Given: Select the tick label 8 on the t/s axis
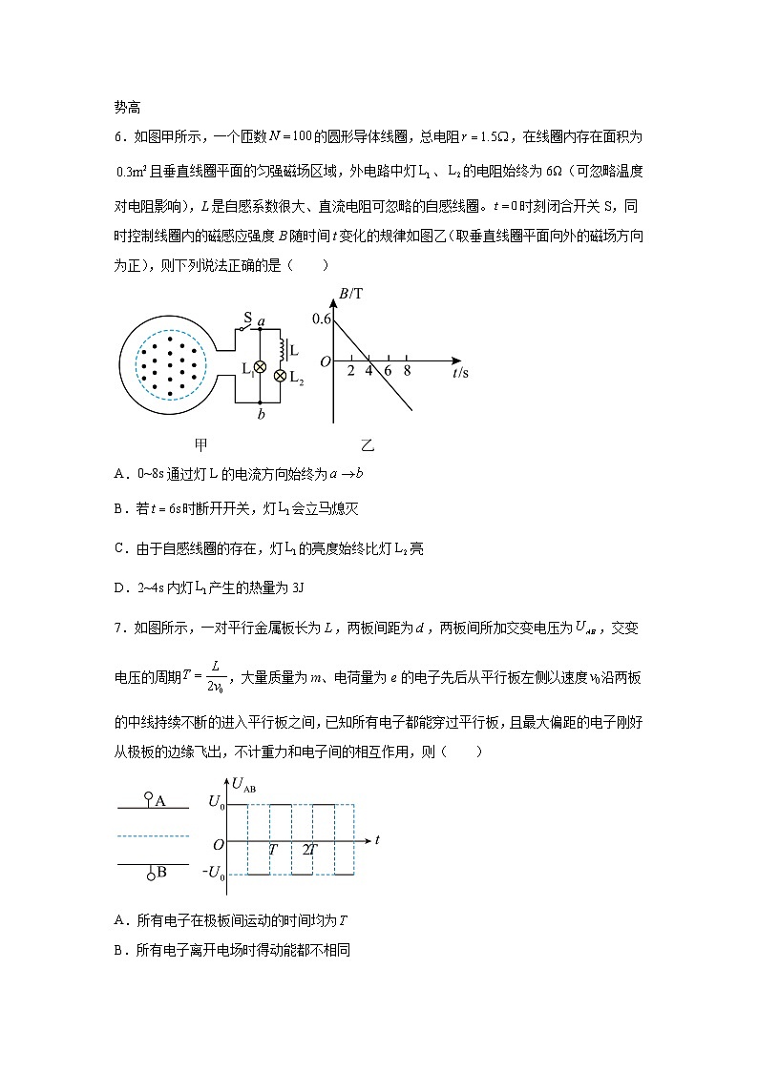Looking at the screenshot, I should [x=407, y=370].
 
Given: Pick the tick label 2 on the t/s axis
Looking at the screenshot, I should [x=350, y=370].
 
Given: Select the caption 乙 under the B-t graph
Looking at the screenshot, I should [x=368, y=444].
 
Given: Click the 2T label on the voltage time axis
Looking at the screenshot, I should [x=309, y=848].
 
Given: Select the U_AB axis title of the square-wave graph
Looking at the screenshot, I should [x=243, y=786].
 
